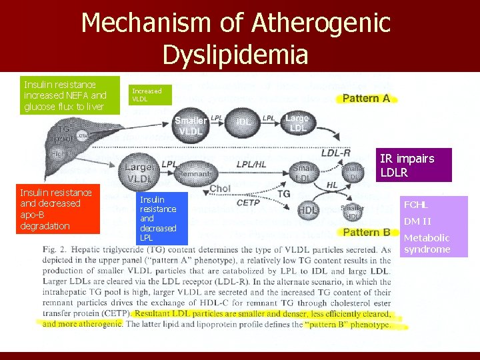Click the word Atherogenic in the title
[x=321, y=23]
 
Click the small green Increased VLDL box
[x=149, y=95]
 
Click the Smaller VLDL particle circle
[x=191, y=126]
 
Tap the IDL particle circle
[x=245, y=123]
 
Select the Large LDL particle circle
[x=297, y=123]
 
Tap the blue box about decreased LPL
[x=162, y=217]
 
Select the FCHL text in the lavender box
[x=415, y=205]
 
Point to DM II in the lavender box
[x=417, y=221]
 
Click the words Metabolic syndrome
[x=427, y=243]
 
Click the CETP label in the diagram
[x=248, y=202]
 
